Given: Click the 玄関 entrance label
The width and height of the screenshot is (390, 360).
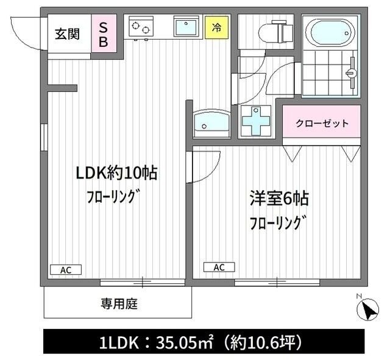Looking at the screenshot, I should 67,34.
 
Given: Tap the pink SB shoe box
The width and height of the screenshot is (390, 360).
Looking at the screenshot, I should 104,34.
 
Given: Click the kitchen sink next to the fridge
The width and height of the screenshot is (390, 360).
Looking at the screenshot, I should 185,27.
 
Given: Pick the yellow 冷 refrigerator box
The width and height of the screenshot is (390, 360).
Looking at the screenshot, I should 216,27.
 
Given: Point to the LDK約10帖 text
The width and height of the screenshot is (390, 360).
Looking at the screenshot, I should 116,173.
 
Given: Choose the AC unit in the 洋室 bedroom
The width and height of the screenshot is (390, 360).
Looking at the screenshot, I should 219,267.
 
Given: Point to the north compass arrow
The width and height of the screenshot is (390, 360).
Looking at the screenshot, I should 367,311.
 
